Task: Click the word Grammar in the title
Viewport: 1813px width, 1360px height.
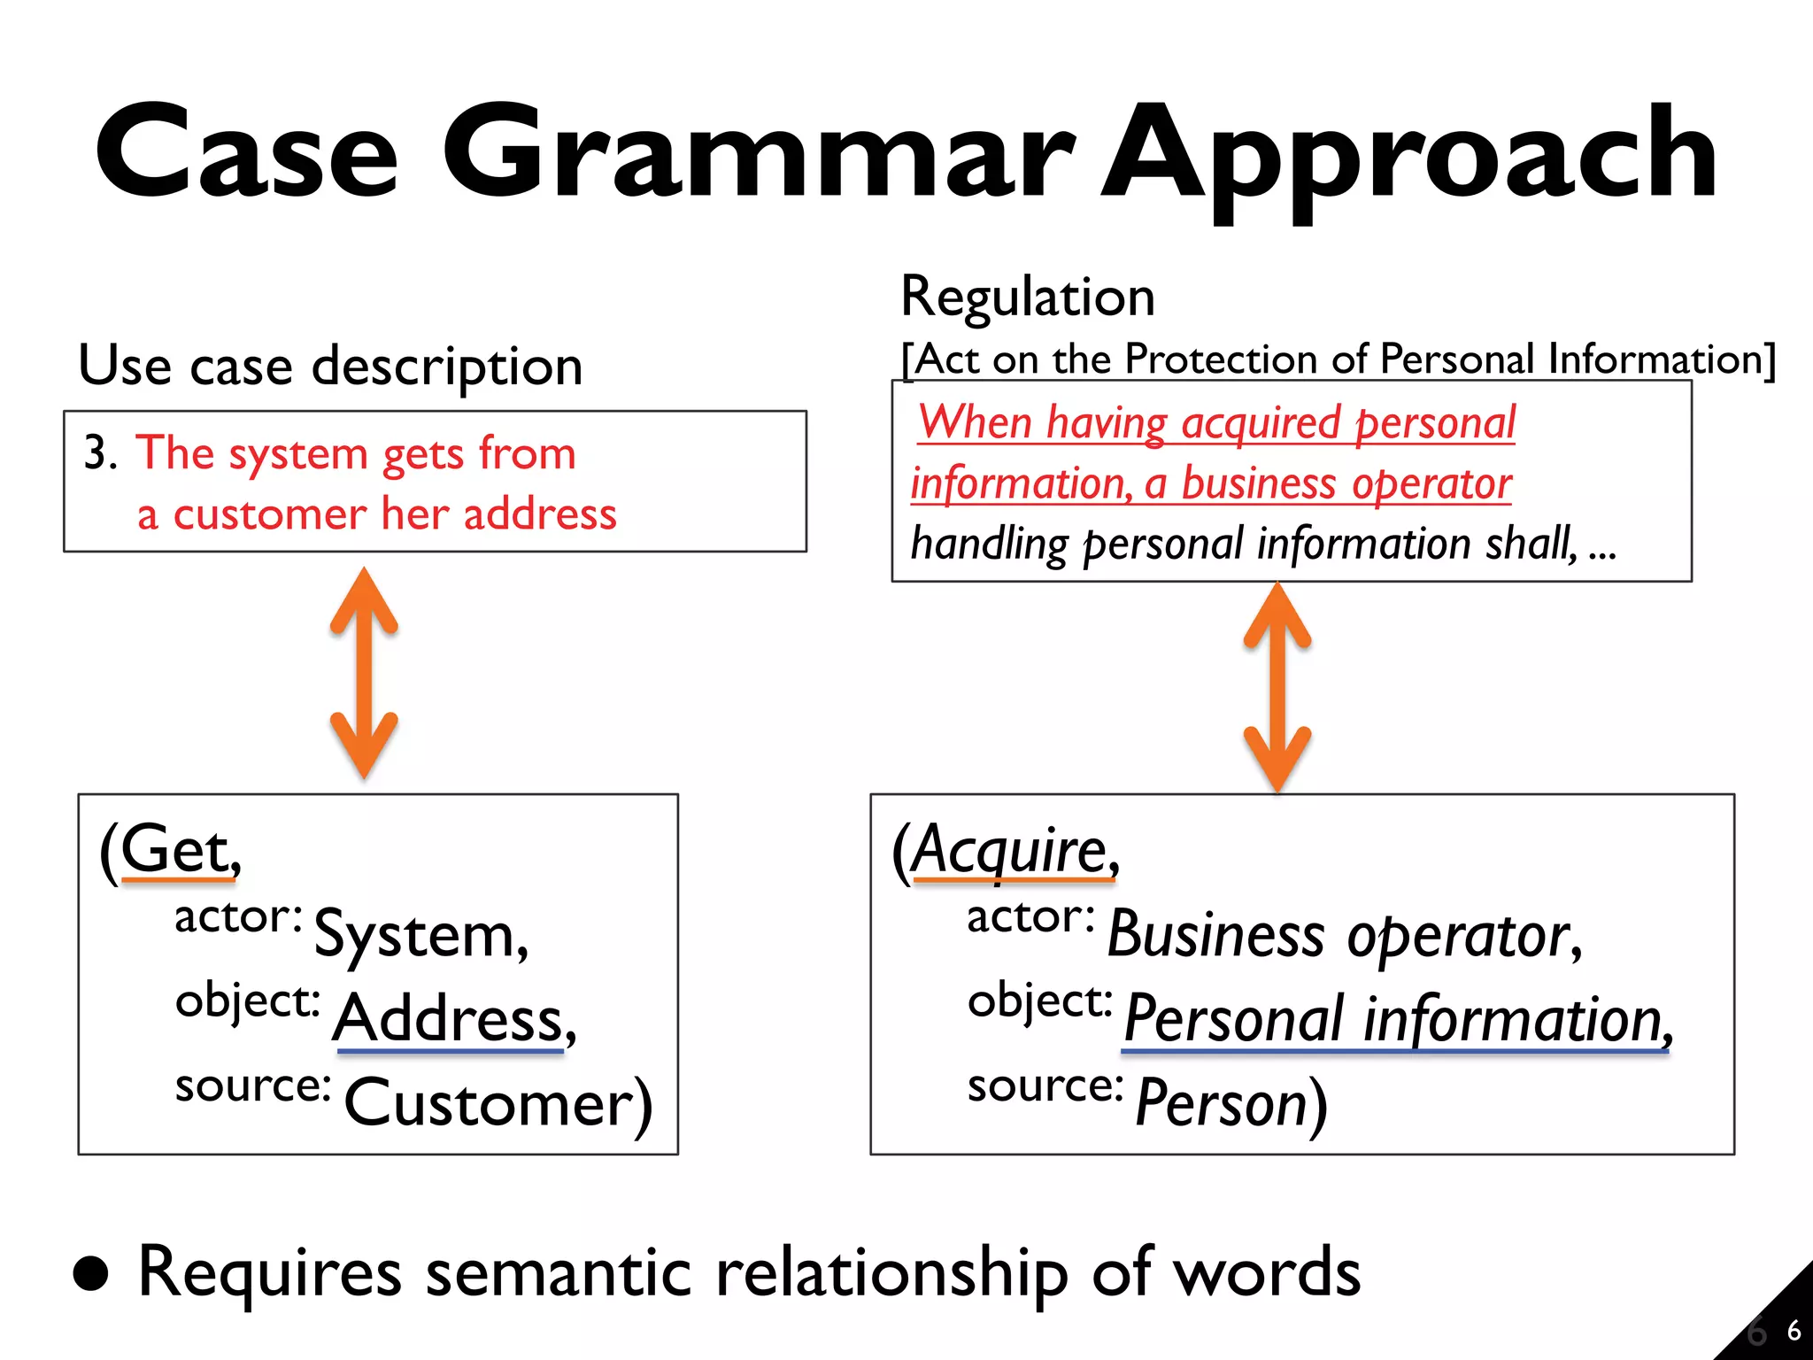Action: pyautogui.click(x=757, y=152)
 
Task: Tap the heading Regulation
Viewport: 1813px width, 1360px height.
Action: pyautogui.click(x=1028, y=297)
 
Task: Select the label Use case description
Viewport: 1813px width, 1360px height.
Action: pyautogui.click(x=330, y=366)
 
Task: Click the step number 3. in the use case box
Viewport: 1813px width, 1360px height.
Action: pyautogui.click(x=100, y=452)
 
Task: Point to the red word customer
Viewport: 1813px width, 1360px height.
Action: pyautogui.click(x=269, y=514)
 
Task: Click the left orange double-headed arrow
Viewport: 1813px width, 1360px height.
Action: pyautogui.click(x=364, y=673)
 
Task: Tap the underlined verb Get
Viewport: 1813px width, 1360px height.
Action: pyautogui.click(x=177, y=850)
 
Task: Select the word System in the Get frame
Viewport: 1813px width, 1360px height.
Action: pyautogui.click(x=420, y=935)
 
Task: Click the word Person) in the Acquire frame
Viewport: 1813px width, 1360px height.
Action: pyautogui.click(x=1231, y=1103)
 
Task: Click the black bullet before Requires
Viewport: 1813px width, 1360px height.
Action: pyautogui.click(x=91, y=1274)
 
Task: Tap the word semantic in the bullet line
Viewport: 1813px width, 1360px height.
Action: pyautogui.click(x=558, y=1273)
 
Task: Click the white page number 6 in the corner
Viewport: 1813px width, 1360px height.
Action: pyautogui.click(x=1794, y=1331)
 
